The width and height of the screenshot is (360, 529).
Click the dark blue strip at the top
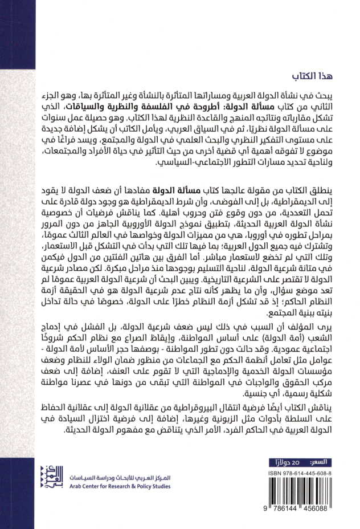click(180, 17)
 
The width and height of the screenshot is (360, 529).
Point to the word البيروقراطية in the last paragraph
click(204, 408)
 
